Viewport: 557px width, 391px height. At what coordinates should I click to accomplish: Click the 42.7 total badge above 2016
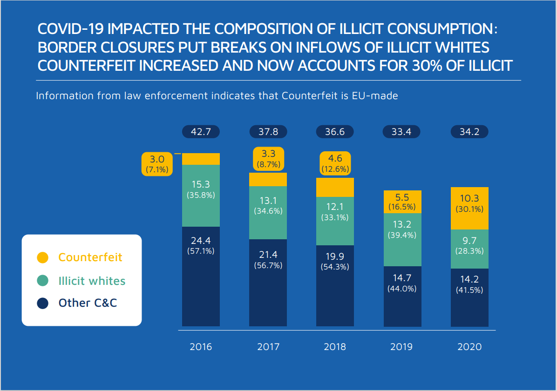(x=201, y=132)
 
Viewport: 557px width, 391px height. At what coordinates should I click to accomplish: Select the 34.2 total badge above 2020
(x=469, y=132)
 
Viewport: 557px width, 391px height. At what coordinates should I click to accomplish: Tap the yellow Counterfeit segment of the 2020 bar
(x=469, y=208)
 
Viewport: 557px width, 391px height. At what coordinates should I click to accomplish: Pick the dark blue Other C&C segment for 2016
(x=201, y=276)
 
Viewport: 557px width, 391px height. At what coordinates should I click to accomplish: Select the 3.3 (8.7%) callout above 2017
(x=268, y=159)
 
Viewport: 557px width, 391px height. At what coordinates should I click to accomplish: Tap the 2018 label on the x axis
(x=335, y=347)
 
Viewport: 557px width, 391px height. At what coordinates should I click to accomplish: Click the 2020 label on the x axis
(x=469, y=347)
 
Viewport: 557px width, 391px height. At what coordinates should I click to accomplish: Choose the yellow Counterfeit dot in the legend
(x=43, y=257)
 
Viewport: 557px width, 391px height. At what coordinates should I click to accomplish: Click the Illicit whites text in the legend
(x=92, y=281)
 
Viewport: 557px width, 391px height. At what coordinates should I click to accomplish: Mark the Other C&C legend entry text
(x=88, y=303)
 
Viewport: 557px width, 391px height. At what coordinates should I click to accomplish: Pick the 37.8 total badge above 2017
(x=268, y=132)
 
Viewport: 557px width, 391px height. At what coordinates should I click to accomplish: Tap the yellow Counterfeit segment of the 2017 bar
(x=268, y=179)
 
